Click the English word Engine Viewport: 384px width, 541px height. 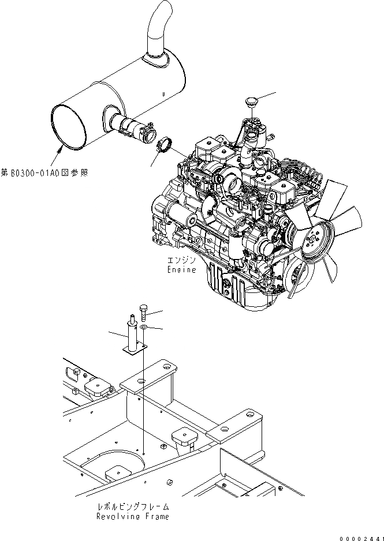click(x=182, y=269)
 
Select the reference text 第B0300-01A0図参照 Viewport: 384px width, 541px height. click(x=44, y=172)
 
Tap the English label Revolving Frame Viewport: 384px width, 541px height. click(x=133, y=517)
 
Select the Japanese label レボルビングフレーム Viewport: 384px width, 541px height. click(x=133, y=507)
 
